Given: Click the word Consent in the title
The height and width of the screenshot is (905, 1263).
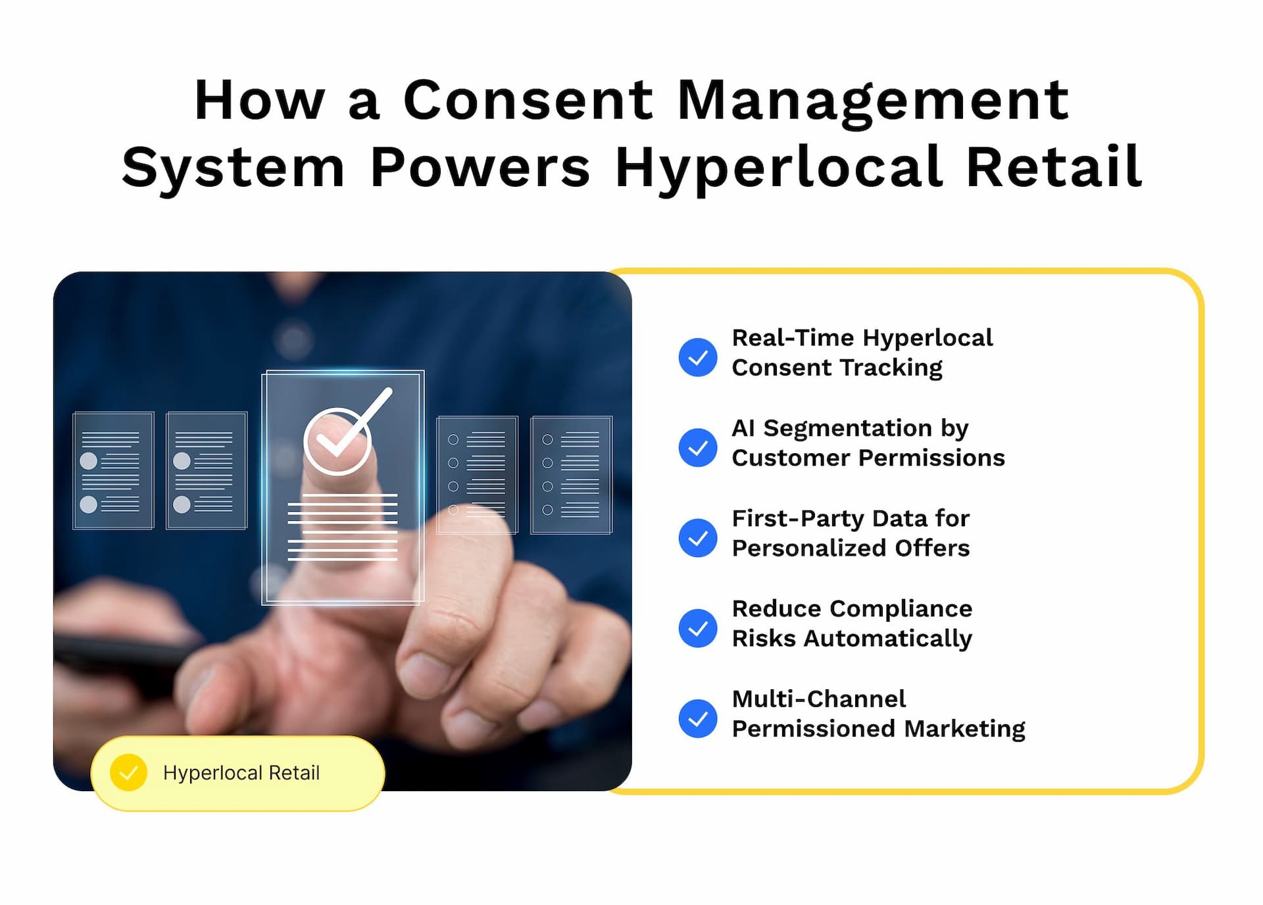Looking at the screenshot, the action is [528, 100].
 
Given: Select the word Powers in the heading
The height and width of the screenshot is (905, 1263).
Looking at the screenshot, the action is [480, 167].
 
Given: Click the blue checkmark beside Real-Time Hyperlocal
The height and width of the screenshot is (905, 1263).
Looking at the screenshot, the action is [698, 357].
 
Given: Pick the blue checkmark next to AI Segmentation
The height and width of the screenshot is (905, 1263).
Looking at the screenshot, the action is [698, 448].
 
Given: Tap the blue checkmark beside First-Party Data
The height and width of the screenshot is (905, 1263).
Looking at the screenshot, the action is [698, 538].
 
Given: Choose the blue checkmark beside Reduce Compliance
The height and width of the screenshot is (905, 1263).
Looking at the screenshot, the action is [698, 628].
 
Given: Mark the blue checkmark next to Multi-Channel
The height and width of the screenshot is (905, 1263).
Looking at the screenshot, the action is [698, 718].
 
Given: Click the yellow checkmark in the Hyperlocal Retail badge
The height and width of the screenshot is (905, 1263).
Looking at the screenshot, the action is [129, 772].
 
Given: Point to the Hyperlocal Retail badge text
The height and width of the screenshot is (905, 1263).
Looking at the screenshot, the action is [241, 773].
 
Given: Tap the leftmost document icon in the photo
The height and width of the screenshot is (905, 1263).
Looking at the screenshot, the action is [113, 470].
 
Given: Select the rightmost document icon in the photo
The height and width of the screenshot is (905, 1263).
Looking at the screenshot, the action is [572, 474].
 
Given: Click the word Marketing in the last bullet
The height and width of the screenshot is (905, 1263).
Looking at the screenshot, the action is [964, 729].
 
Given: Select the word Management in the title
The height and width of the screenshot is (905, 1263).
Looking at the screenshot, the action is [873, 102].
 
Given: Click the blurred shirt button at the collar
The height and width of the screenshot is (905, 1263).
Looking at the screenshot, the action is [293, 340].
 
